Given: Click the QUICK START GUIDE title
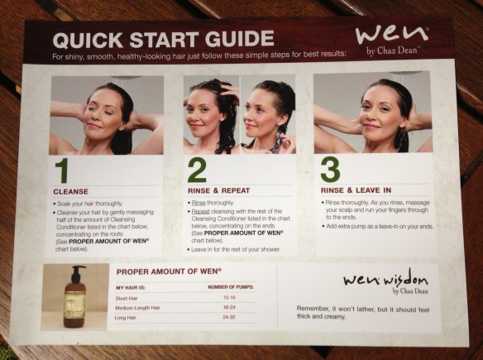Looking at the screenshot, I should click(163, 38).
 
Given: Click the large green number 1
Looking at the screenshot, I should click(63, 170).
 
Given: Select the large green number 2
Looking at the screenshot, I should click(197, 170).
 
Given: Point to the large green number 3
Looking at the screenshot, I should click(329, 170).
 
